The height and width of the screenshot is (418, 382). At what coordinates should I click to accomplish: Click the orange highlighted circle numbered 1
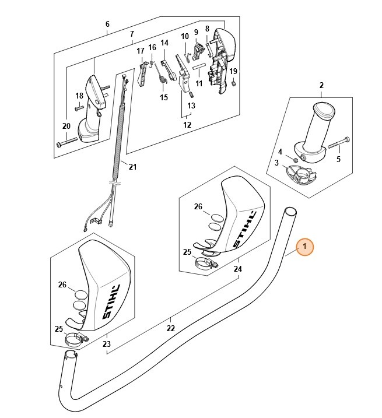pos(304,247)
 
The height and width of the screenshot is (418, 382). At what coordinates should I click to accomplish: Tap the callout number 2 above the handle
pos(321,86)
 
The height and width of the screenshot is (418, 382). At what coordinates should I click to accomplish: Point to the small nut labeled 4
pos(296,159)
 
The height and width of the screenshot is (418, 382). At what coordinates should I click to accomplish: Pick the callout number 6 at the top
pos(107,24)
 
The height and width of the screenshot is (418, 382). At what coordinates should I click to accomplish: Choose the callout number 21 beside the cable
pos(132,168)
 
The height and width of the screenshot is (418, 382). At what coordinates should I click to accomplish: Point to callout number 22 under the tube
pos(170,328)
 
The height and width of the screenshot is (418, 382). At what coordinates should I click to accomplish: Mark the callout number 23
pos(107,345)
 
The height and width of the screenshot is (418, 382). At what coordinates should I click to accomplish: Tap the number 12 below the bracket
pos(187,125)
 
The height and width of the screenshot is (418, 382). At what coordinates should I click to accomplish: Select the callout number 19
pos(233,71)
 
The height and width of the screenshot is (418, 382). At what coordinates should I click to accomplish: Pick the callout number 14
pos(164,43)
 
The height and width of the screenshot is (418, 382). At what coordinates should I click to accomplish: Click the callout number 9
pos(196,32)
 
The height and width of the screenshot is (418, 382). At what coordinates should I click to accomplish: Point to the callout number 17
pos(140,51)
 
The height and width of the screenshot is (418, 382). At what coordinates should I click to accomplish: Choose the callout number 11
pos(199,84)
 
